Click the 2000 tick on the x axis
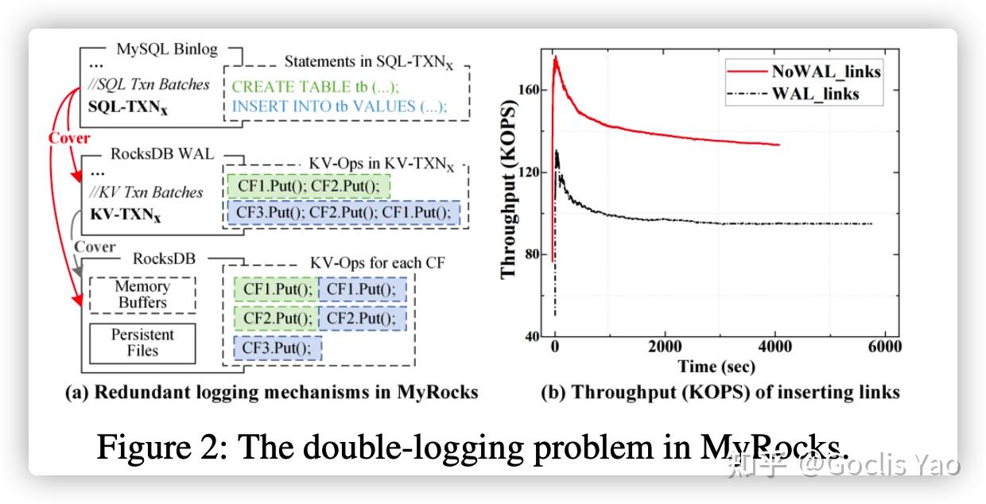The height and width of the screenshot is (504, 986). coord(665,347)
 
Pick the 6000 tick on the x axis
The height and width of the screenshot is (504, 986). coord(884,347)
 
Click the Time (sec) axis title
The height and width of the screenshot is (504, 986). coord(716,366)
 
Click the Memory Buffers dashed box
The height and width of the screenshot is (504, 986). coord(142,295)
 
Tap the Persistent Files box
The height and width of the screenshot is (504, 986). coord(142,343)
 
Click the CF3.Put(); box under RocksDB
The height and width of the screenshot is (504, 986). coord(278,348)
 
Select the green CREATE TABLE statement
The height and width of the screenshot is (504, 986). coord(316,87)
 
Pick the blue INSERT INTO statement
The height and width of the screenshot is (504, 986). coord(340,107)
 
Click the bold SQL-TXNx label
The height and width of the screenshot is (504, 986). coord(128,106)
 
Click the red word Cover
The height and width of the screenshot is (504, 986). coord(69,138)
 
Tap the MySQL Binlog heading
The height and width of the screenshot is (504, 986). coord(166,49)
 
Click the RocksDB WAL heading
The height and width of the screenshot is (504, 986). coord(161,154)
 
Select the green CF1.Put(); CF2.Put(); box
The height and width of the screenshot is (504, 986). coord(309,186)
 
